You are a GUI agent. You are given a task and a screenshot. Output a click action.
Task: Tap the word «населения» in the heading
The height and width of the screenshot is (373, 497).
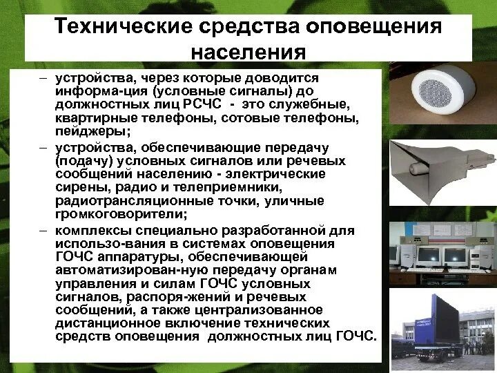tap(248, 54)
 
